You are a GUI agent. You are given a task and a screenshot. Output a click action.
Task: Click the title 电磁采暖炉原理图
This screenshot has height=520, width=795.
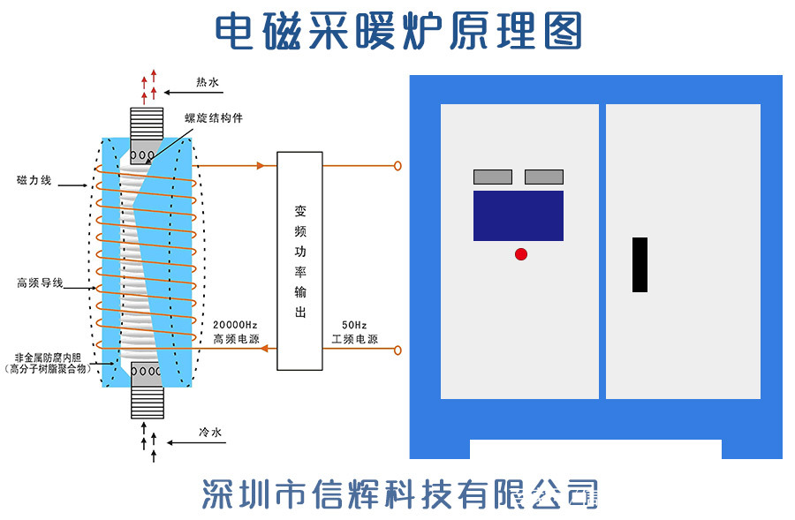(x=399, y=31)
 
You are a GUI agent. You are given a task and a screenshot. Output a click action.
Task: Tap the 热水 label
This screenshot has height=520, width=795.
(x=208, y=84)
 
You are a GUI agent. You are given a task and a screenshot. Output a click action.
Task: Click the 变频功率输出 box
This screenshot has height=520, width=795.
(x=299, y=260)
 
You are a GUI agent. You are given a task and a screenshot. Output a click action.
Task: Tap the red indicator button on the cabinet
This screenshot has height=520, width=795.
(x=521, y=254)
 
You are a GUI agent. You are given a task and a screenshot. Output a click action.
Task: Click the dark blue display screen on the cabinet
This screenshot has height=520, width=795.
(x=518, y=215)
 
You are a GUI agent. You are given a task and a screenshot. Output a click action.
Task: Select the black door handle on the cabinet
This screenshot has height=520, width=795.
(x=640, y=264)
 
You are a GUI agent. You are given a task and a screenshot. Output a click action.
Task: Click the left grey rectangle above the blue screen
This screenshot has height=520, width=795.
(x=492, y=177)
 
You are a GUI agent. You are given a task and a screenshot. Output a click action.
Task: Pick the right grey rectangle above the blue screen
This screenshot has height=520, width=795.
(x=543, y=177)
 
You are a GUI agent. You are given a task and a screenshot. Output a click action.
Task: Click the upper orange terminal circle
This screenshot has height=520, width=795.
(x=397, y=166)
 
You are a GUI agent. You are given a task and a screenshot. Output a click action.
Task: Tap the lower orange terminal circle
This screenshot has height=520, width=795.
(x=397, y=350)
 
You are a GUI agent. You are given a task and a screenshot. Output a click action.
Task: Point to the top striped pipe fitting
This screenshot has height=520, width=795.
(x=147, y=122)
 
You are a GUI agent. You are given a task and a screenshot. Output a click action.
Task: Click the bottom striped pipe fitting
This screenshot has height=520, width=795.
(x=147, y=403)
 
